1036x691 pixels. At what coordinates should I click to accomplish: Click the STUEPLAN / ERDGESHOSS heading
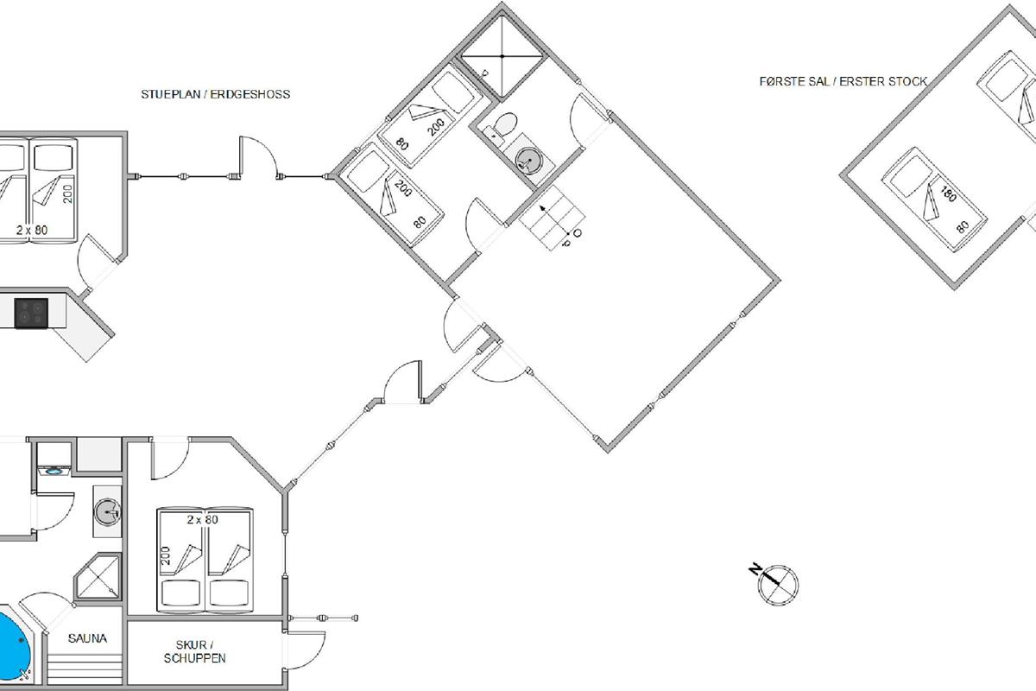pyautogui.click(x=216, y=94)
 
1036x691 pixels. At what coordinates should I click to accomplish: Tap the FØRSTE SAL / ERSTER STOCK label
pyautogui.click(x=843, y=81)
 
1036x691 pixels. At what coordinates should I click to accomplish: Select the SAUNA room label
pyautogui.click(x=87, y=638)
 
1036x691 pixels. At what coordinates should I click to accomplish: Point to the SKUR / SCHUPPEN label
pyautogui.click(x=195, y=651)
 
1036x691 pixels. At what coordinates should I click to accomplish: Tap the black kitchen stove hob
pyautogui.click(x=31, y=314)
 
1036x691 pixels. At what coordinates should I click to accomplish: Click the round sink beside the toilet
pyautogui.click(x=527, y=160)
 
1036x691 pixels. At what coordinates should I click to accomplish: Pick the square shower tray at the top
pyautogui.click(x=502, y=56)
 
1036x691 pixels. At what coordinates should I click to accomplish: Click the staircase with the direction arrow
pyautogui.click(x=552, y=218)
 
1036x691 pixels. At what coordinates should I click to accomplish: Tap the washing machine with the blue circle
pyautogui.click(x=54, y=471)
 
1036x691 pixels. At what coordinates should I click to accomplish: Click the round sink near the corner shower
pyautogui.click(x=107, y=512)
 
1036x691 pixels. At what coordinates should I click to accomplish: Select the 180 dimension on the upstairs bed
pyautogui.click(x=949, y=194)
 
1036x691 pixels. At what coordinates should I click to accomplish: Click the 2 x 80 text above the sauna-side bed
pyautogui.click(x=203, y=520)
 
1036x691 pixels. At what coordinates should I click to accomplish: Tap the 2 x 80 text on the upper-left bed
pyautogui.click(x=32, y=230)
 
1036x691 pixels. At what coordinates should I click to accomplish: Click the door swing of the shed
pyautogui.click(x=306, y=650)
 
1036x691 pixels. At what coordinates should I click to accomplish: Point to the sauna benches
pyautogui.click(x=85, y=669)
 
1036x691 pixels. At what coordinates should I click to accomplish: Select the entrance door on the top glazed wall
pyautogui.click(x=258, y=157)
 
